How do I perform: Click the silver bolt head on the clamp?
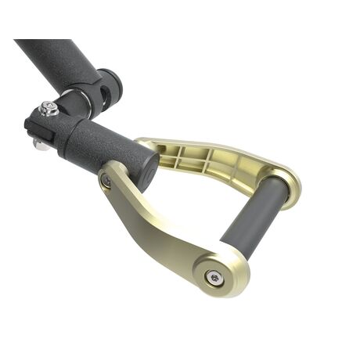point(50,108)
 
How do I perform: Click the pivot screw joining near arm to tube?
point(106,181)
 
